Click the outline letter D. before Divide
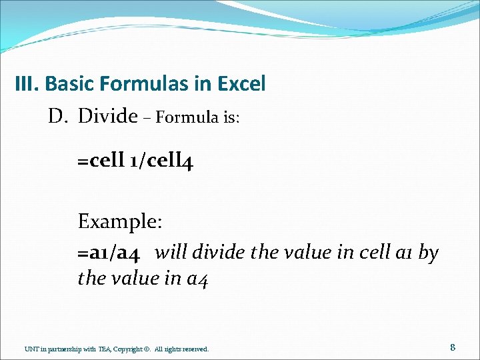click(x=58, y=117)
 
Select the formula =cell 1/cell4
click(x=135, y=161)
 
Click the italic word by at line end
click(x=429, y=253)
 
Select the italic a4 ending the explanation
click(x=197, y=279)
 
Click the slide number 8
click(x=453, y=347)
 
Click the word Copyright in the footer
click(x=129, y=349)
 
